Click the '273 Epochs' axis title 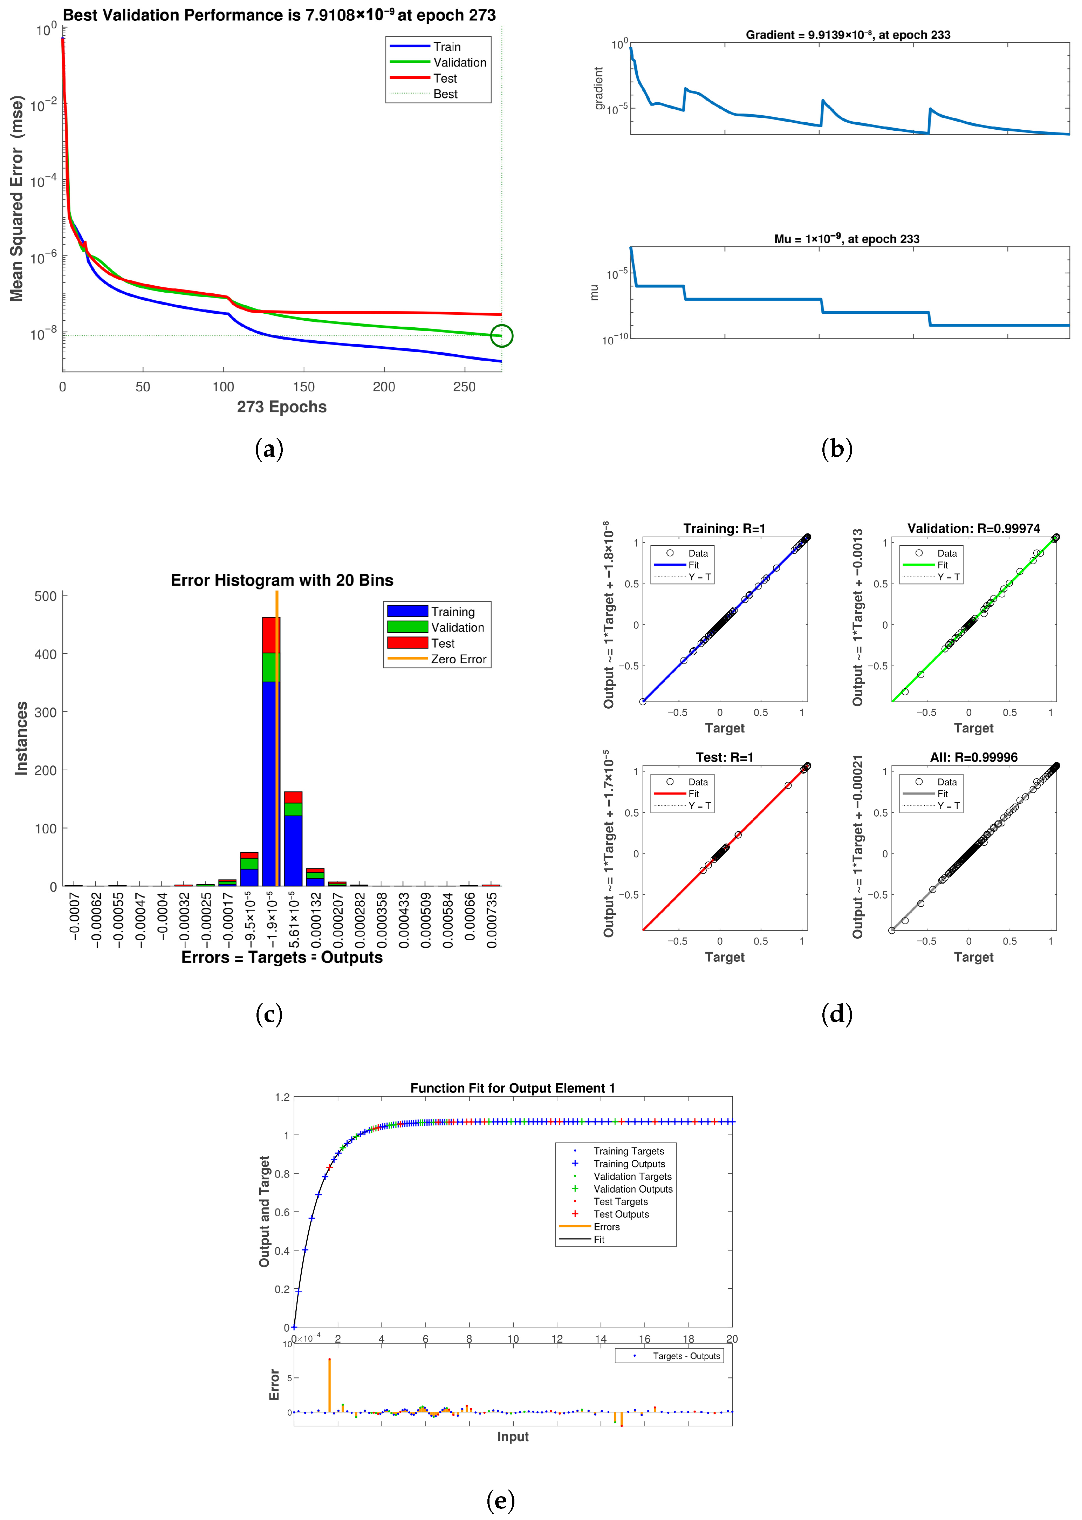282,407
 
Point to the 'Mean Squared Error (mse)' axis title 17,199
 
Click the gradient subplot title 848,35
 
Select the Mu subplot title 846,239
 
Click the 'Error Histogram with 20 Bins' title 282,580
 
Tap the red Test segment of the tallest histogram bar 270,635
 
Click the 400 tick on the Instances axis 45,654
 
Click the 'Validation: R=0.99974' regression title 973,529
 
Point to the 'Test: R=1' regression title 724,758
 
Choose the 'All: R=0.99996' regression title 973,758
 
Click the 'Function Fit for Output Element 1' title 512,1088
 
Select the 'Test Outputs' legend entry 621,1214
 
